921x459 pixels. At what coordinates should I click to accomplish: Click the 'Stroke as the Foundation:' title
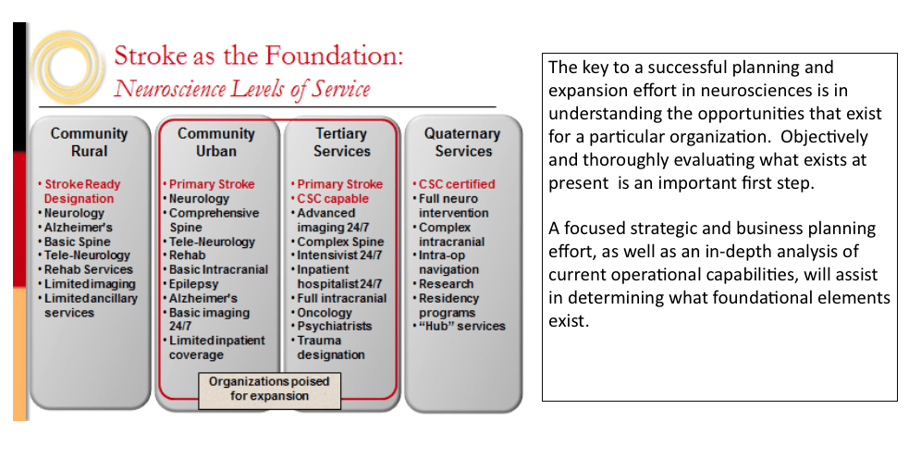[x=258, y=56]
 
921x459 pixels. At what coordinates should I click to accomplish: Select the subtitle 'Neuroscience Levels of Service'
[x=242, y=89]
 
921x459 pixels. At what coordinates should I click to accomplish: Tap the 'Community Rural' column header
[x=90, y=143]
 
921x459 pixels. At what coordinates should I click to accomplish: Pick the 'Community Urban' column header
[x=216, y=143]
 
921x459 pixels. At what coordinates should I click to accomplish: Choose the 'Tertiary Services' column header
[x=342, y=143]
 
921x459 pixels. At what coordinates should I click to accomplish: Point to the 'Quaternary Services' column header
[x=463, y=143]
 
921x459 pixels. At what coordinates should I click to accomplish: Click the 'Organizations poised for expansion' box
[x=269, y=389]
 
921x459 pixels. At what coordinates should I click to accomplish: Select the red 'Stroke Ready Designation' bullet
[x=81, y=192]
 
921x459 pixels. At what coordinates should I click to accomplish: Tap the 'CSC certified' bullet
[x=453, y=184]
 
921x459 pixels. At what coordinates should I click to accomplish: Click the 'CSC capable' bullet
[x=329, y=199]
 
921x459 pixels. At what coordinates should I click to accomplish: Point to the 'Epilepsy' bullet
[x=190, y=284]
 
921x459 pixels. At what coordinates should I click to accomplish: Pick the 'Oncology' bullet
[x=321, y=313]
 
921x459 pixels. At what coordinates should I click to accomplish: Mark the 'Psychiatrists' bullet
[x=331, y=326]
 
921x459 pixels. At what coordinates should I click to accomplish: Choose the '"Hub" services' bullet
[x=458, y=326]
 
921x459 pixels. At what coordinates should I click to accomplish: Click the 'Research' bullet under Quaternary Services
[x=442, y=284]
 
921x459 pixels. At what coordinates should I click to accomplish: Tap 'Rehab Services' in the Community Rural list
[x=85, y=270]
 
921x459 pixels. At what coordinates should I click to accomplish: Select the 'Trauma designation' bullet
[x=327, y=348]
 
